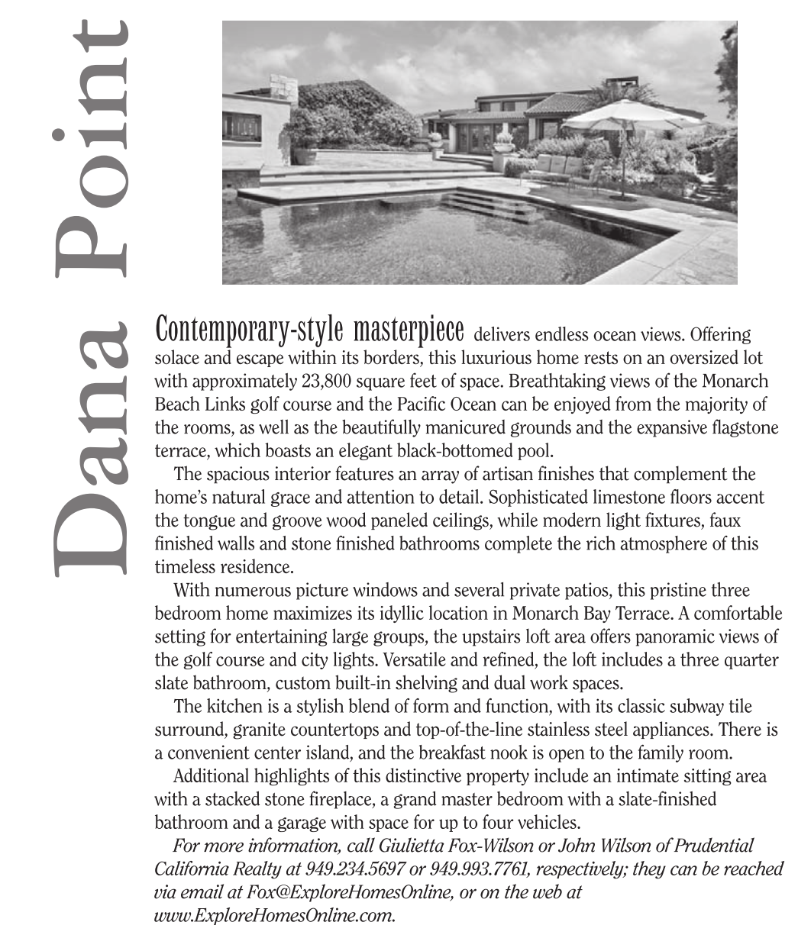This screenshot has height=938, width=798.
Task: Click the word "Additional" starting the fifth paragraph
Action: (x=209, y=777)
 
